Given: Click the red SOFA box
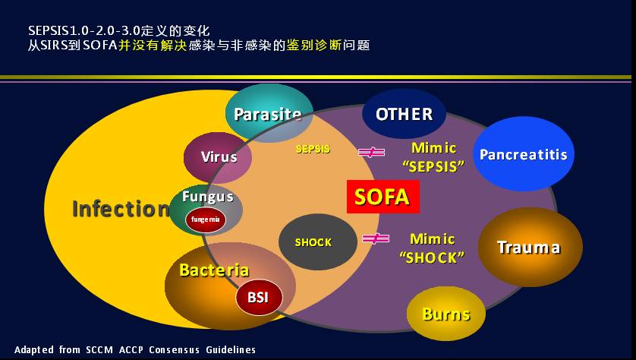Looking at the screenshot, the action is (383, 197).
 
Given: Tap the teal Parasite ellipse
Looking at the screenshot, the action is (269, 113).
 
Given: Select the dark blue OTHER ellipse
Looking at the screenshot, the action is (404, 114).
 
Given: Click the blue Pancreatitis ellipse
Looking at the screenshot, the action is (524, 154).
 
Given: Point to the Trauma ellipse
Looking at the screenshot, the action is (531, 247).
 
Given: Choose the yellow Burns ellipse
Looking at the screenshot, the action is (446, 314).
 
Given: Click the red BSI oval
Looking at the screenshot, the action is (259, 297).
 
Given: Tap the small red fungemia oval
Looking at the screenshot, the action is (206, 219).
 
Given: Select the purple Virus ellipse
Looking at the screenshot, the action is (218, 157).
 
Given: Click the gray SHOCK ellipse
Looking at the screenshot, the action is (318, 242).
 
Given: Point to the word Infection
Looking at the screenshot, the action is (121, 209).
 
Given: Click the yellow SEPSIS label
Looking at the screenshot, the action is (313, 149).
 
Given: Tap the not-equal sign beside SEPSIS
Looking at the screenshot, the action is (372, 152).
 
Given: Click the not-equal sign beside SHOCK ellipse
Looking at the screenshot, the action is (376, 238).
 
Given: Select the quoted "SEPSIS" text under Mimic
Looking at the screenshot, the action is (433, 166).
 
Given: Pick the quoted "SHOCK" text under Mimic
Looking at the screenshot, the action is (432, 257).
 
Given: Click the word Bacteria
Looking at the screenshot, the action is (214, 270).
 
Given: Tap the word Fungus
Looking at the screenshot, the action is (208, 197).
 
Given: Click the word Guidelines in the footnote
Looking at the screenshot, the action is (231, 350).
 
